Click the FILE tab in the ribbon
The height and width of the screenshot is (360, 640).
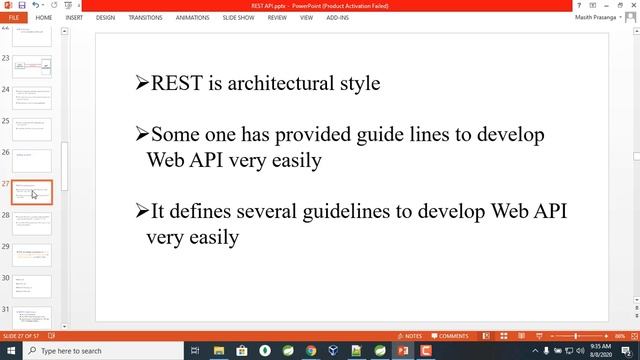click(14, 17)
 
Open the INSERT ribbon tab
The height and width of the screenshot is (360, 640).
click(74, 17)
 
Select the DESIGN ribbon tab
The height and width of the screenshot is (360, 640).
click(105, 17)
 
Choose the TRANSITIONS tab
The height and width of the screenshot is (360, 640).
click(145, 17)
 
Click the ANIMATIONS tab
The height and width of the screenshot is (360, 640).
click(192, 17)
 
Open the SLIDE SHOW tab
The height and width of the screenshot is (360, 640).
click(239, 17)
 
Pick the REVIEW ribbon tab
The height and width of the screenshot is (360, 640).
click(277, 17)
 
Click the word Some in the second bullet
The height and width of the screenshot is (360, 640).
click(174, 134)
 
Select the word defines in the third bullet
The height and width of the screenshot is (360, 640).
click(202, 211)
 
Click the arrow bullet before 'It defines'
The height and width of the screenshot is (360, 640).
click(142, 211)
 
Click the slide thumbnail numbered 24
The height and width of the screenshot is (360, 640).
click(32, 98)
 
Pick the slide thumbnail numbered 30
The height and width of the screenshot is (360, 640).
click(32, 286)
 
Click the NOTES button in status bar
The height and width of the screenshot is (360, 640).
click(411, 336)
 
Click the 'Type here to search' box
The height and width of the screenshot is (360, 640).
click(100, 351)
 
